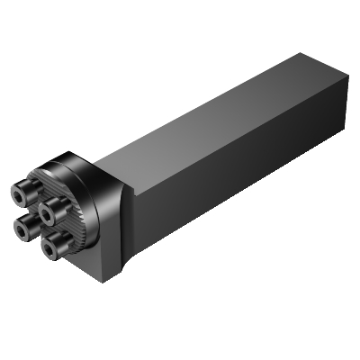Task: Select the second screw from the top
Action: pyautogui.click(x=48, y=212)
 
